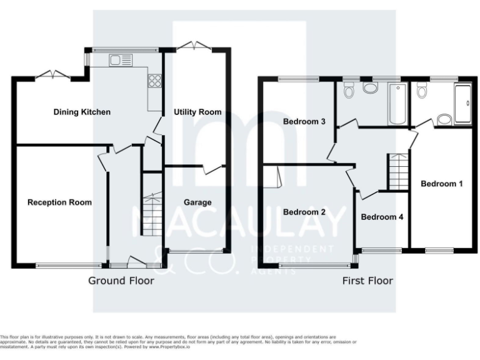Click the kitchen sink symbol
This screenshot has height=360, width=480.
121,60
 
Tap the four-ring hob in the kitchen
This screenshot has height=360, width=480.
154,81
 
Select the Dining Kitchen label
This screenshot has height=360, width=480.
82,112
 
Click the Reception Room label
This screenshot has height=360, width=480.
59,202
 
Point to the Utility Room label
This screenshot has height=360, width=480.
197,112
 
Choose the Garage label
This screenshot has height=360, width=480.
197,202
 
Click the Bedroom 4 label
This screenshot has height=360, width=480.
382,217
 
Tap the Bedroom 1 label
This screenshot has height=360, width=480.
442,184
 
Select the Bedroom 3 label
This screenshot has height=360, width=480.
304,121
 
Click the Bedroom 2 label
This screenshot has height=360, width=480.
304,212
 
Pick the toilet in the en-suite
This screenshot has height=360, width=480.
423,92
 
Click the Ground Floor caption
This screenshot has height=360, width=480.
121,281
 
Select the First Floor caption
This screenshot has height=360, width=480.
367,281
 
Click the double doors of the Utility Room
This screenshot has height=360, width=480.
194,46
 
